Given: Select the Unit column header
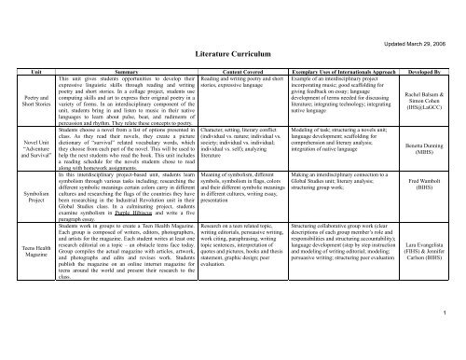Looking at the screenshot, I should click(x=26, y=68).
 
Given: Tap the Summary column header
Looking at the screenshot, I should click(x=121, y=68).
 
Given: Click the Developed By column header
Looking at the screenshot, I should click(x=432, y=68).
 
